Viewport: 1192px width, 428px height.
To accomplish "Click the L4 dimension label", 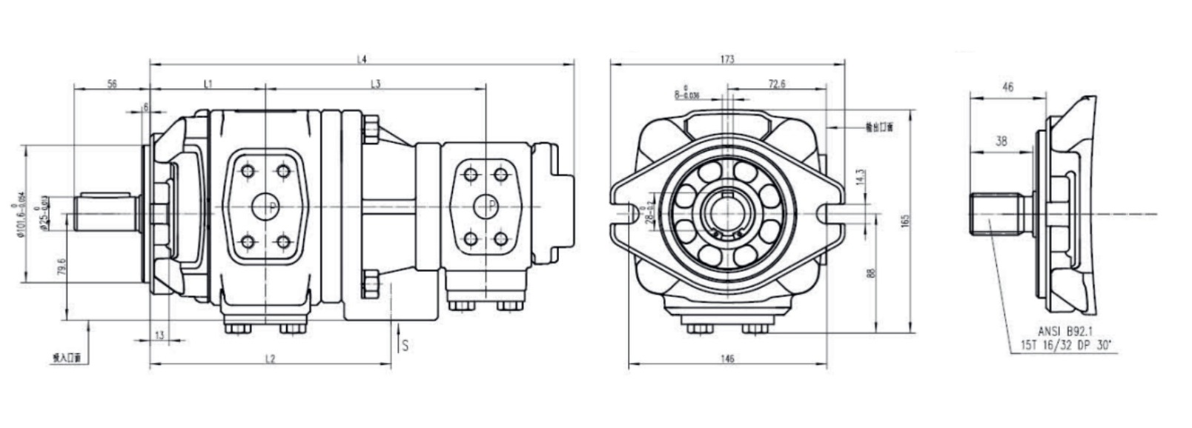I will coord(362,58).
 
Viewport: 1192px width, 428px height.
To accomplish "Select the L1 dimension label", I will coord(208,84).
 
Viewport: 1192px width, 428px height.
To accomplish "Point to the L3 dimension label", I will coord(376,84).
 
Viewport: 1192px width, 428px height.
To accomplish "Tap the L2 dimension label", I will coord(271,359).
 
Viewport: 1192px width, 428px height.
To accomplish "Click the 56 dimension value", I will coord(112,84).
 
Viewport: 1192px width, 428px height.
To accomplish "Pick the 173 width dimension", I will coord(726,58).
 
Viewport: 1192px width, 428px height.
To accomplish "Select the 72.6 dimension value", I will coord(776,84).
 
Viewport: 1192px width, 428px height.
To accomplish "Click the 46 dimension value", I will coord(1007,87).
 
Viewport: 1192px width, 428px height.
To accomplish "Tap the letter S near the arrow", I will coord(405,345).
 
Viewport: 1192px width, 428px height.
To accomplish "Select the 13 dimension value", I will coord(159,335).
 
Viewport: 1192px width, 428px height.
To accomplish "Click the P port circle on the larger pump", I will coord(265,206).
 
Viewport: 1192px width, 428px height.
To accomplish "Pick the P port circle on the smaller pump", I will coord(486,205).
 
